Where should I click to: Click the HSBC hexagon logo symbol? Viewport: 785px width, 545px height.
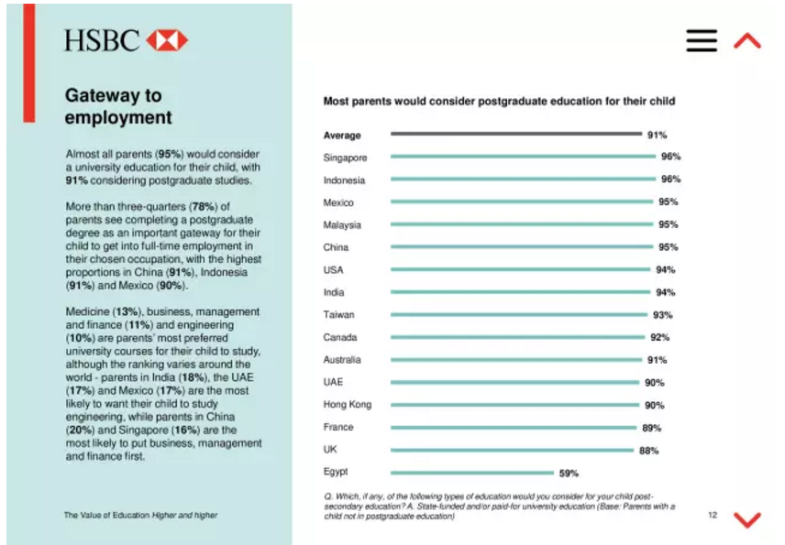click(167, 40)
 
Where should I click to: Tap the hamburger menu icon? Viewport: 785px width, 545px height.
click(702, 40)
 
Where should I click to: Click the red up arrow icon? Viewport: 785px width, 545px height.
click(747, 40)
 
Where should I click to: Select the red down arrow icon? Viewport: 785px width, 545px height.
click(747, 519)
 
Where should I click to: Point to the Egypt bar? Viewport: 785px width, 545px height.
click(470, 473)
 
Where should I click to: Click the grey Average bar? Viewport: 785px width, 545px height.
click(515, 135)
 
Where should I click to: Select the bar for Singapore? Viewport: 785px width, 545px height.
click(523, 157)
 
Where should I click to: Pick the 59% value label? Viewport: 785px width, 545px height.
click(569, 474)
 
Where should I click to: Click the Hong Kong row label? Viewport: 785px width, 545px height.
click(346, 405)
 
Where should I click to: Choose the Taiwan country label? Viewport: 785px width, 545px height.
click(338, 315)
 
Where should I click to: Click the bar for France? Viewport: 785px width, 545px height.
click(513, 428)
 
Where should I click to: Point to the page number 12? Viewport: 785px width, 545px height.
click(712, 515)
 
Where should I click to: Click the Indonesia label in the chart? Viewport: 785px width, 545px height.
click(344, 180)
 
